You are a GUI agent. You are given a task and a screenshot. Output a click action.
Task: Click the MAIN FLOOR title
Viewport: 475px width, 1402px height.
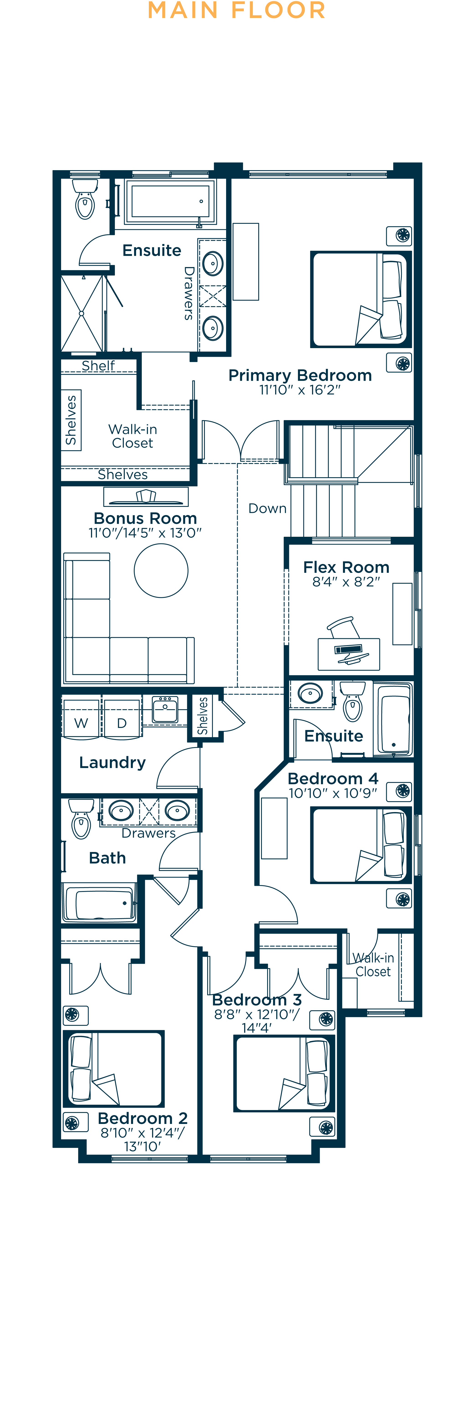pos(237,10)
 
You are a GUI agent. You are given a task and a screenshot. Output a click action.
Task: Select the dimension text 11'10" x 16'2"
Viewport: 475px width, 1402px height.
pos(300,390)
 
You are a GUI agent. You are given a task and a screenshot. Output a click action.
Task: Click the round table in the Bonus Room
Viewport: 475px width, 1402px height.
pos(161,570)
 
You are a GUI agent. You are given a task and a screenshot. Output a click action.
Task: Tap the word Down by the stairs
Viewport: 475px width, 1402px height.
pos(267,508)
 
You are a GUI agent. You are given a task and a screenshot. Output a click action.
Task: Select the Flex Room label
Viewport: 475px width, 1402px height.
pos(346,567)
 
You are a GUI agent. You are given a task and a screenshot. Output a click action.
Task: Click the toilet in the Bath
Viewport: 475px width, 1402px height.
pos(81,819)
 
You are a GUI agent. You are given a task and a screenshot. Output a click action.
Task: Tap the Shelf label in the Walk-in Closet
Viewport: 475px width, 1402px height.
pos(98,366)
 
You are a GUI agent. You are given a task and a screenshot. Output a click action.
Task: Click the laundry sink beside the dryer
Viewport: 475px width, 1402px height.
pos(165,710)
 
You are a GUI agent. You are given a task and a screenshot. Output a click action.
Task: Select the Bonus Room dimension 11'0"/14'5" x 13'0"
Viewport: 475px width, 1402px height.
pos(145,533)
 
